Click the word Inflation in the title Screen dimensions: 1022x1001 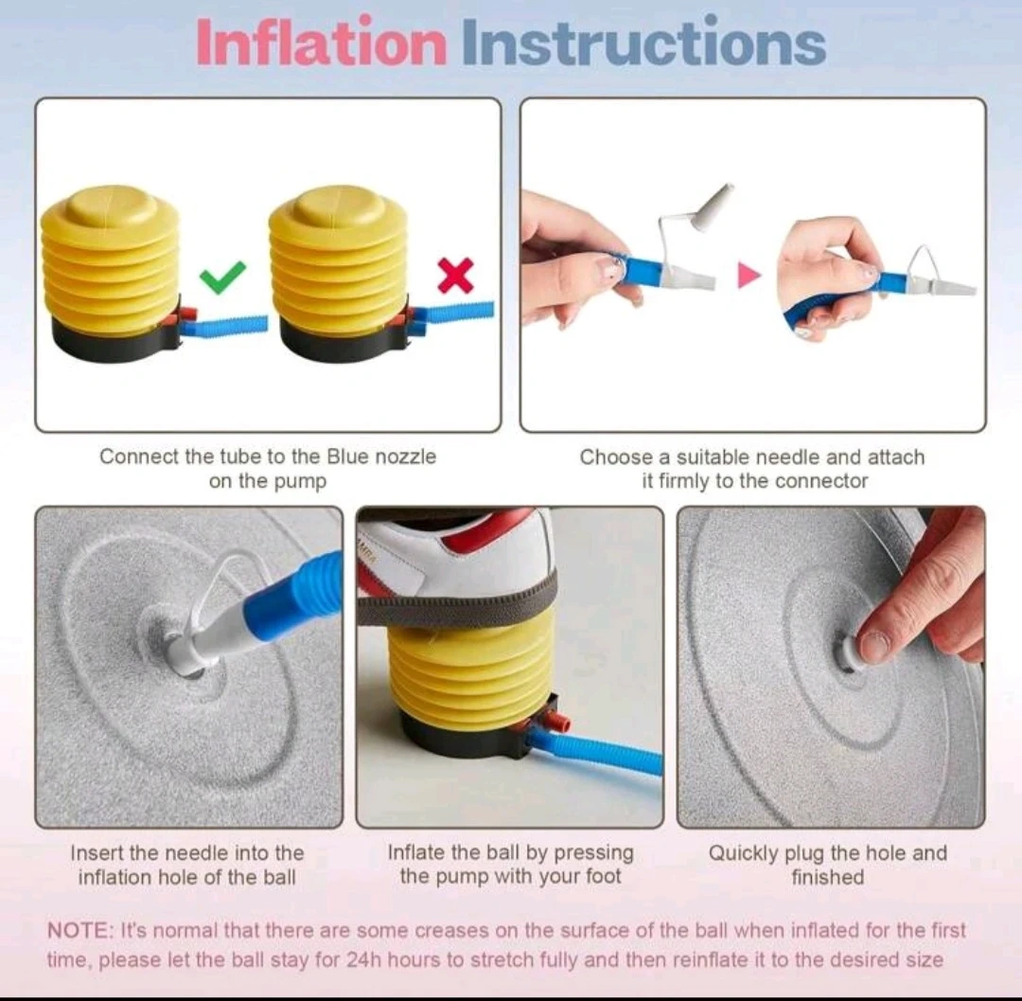click(x=322, y=43)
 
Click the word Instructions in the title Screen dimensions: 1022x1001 click(x=644, y=43)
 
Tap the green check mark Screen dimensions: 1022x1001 click(x=223, y=277)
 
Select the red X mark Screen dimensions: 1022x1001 click(x=455, y=275)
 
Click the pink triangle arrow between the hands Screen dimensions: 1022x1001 click(x=749, y=276)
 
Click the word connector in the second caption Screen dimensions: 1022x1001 click(x=821, y=481)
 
